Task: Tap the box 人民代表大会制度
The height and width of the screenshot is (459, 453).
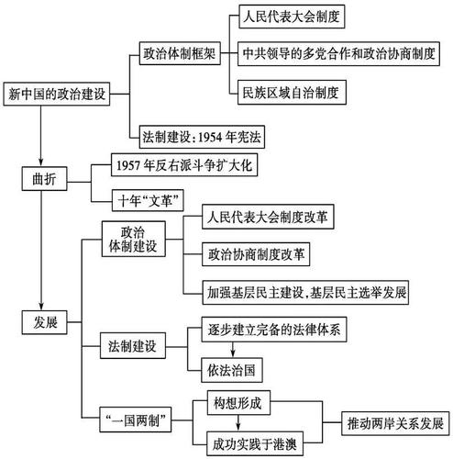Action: (293, 17)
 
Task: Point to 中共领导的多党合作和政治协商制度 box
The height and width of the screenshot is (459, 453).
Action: (340, 53)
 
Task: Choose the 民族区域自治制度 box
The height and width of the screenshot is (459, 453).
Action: (293, 92)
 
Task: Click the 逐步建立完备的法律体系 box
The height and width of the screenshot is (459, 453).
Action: (263, 330)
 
